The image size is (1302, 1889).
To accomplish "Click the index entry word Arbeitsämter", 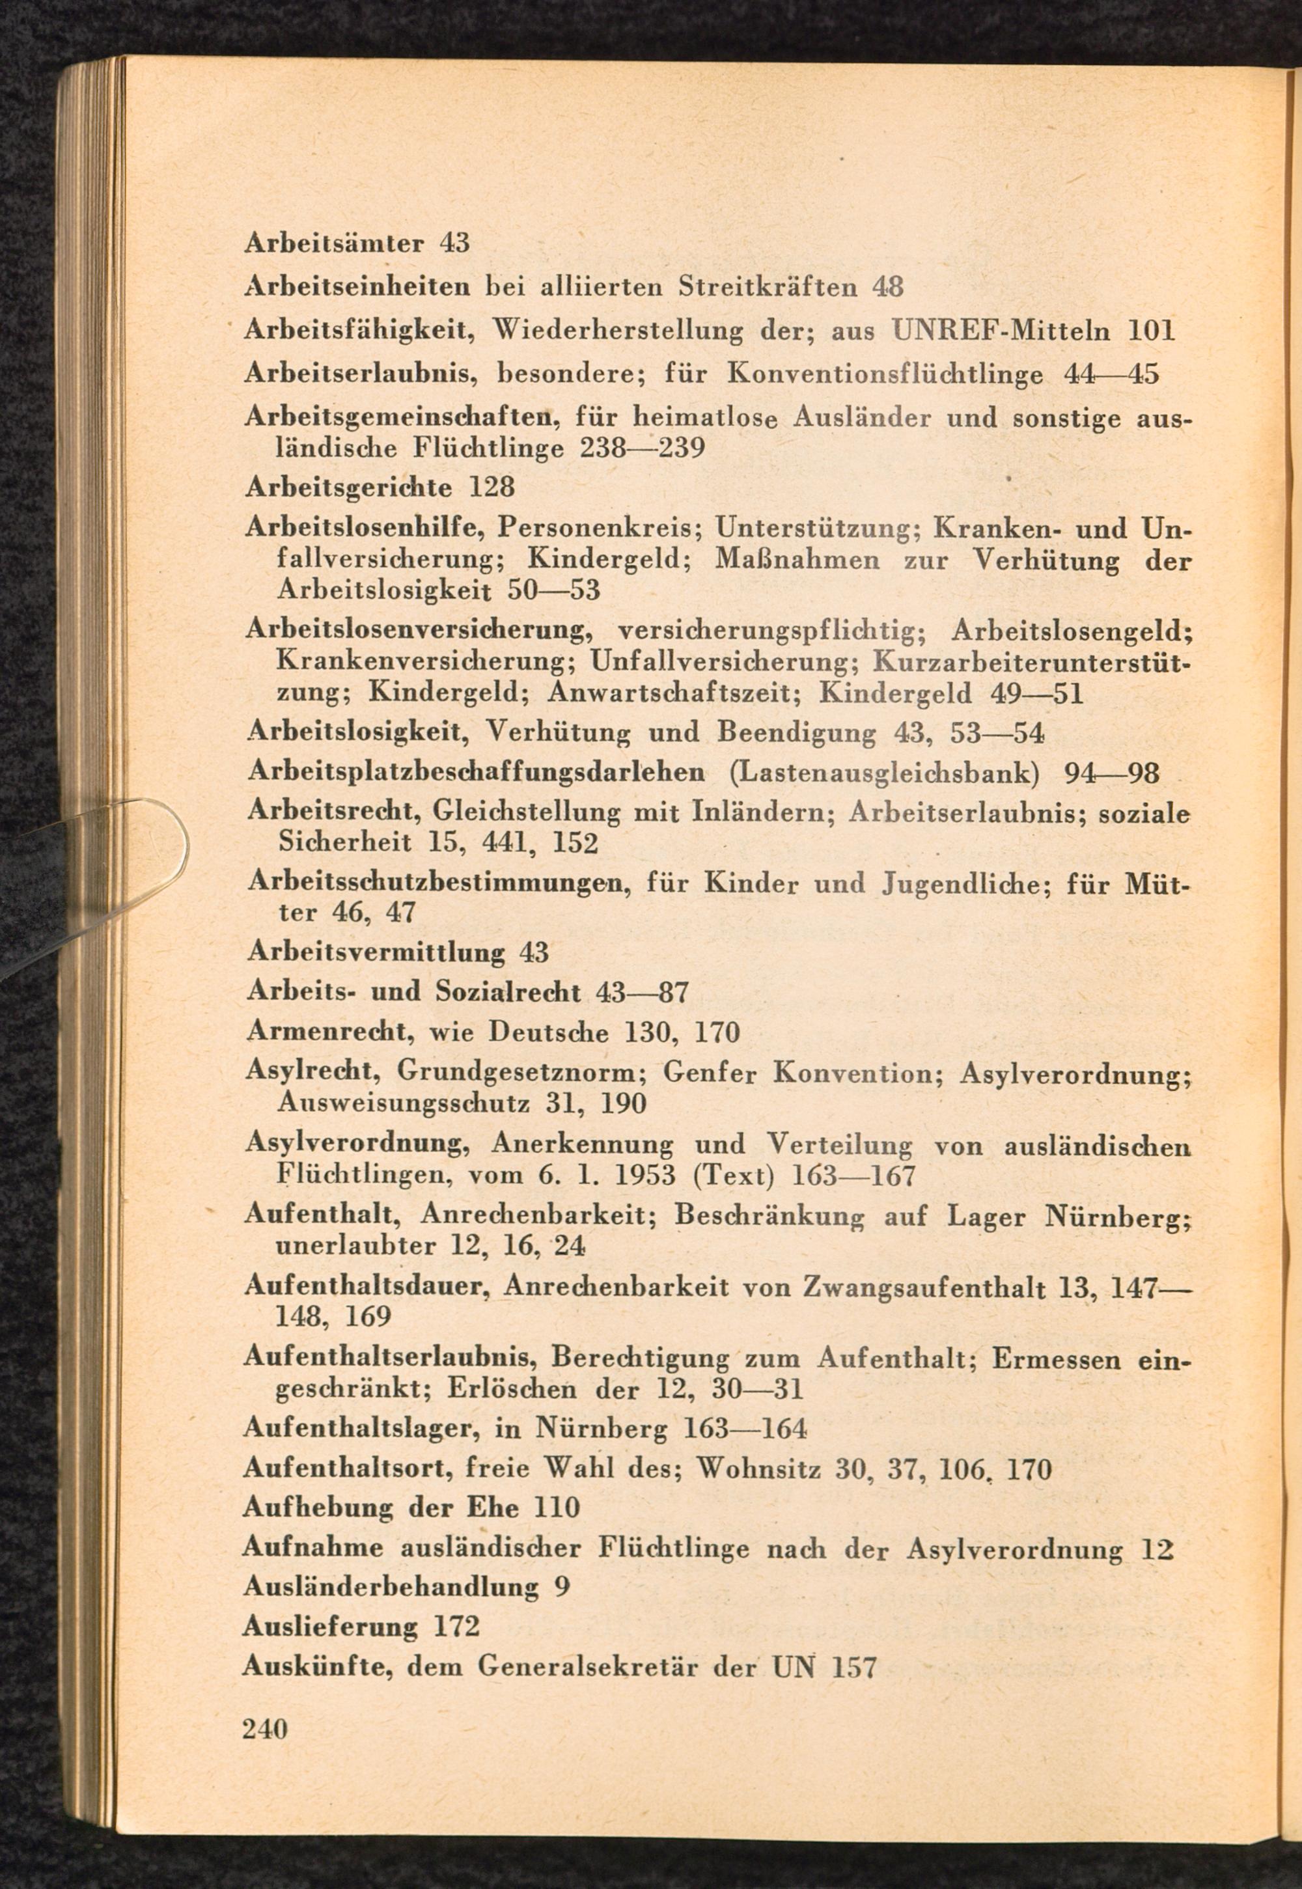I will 335,243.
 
